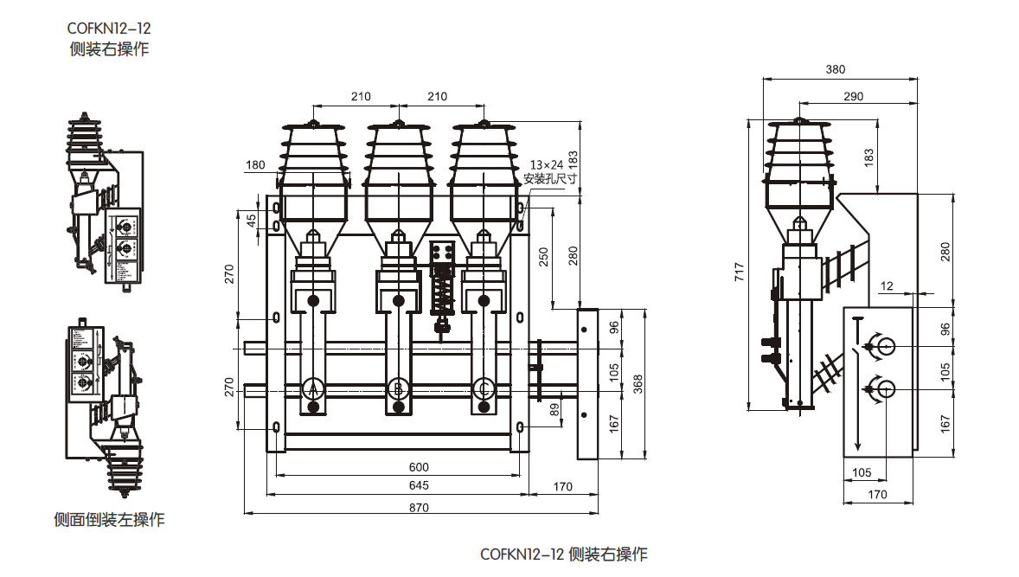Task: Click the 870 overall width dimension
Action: pyautogui.click(x=419, y=508)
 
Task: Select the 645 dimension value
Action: pyautogui.click(x=419, y=486)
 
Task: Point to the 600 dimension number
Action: pyautogui.click(x=419, y=467)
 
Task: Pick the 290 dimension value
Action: pyautogui.click(x=853, y=97)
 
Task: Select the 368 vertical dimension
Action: pyautogui.click(x=638, y=383)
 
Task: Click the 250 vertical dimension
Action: pyautogui.click(x=543, y=258)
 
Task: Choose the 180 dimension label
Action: pyautogui.click(x=255, y=165)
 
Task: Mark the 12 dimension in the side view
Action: pyautogui.click(x=887, y=285)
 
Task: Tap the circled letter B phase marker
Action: pyautogui.click(x=398, y=388)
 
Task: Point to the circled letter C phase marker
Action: pyautogui.click(x=484, y=388)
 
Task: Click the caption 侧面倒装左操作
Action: pyautogui.click(x=109, y=520)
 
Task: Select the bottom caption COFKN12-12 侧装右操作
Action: pyautogui.click(x=563, y=555)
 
